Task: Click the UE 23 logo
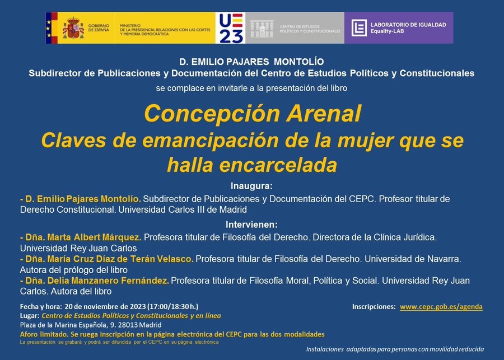click(230, 28)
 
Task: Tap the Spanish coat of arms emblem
click(73, 27)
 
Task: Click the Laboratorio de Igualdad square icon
click(359, 28)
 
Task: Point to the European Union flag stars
click(49, 27)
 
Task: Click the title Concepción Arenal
click(252, 114)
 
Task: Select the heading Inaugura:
click(251, 186)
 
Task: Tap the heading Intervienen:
click(251, 224)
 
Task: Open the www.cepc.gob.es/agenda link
click(441, 307)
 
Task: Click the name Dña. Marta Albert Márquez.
click(81, 237)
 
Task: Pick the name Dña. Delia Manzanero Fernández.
click(94, 280)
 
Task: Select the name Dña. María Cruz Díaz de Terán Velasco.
click(106, 259)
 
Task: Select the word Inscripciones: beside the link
click(374, 307)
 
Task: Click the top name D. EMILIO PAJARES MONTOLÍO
click(251, 62)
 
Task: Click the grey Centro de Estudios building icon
click(262, 27)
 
